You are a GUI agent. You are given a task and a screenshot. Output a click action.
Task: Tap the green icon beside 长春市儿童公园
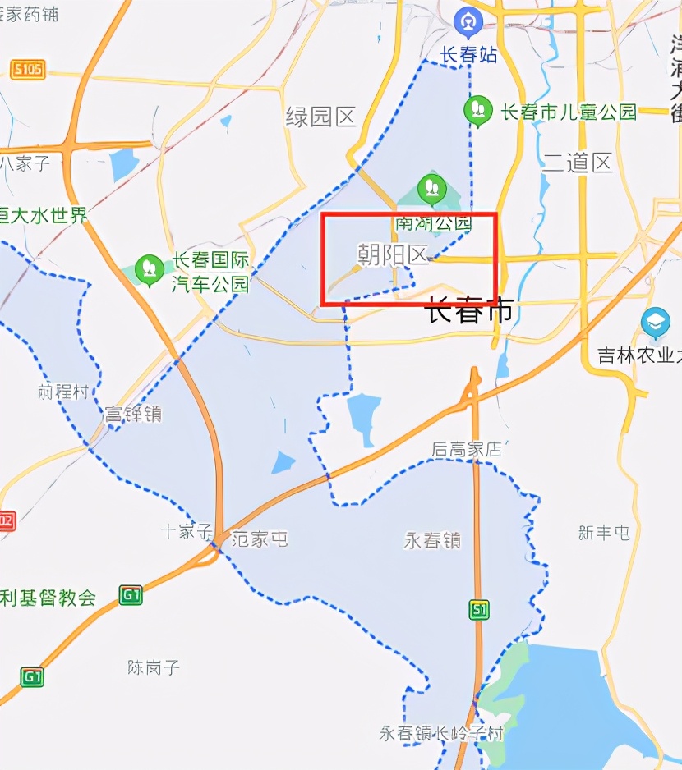(477, 111)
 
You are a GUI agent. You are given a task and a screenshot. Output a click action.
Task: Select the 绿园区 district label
(320, 117)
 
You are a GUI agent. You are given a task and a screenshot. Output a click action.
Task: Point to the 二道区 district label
(578, 163)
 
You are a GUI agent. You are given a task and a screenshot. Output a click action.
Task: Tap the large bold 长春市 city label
(468, 310)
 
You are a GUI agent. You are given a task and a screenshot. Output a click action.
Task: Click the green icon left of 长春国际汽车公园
(149, 268)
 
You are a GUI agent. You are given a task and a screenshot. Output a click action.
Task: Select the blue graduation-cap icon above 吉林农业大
(656, 322)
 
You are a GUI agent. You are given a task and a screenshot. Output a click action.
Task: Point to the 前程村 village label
(62, 392)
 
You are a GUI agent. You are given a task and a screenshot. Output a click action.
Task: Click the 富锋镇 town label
(132, 414)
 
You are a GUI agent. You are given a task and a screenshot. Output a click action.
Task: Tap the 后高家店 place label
(467, 450)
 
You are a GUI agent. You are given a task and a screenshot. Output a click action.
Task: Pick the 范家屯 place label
(260, 539)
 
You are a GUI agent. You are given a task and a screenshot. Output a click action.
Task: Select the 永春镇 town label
(432, 541)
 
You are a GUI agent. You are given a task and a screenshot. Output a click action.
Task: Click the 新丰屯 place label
(604, 533)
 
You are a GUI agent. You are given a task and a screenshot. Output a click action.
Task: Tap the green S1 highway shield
(480, 609)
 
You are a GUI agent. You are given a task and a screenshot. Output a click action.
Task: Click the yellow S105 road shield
(27, 69)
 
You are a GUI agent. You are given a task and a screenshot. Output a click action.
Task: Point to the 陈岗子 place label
(154, 667)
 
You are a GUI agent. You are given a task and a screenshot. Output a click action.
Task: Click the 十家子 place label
(187, 531)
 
